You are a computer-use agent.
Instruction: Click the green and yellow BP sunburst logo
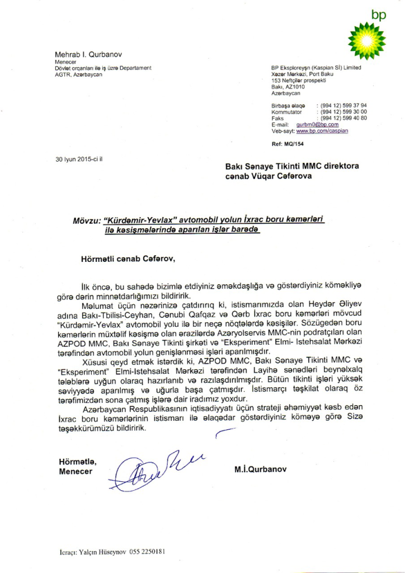(366, 41)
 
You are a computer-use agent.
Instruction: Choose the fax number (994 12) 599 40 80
(343, 118)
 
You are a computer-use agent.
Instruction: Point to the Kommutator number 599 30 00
(343, 112)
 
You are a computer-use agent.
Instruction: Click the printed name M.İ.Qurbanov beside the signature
(260, 469)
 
